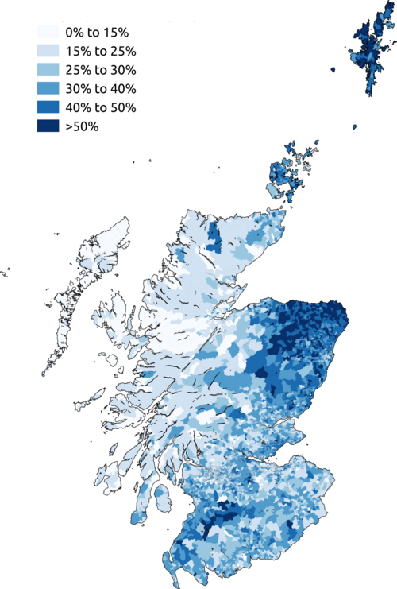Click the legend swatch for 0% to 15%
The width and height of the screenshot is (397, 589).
tap(48, 33)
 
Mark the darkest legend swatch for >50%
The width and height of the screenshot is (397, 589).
tap(48, 126)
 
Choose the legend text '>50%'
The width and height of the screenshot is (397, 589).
tap(83, 126)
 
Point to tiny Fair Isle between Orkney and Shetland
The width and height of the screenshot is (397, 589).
tap(355, 126)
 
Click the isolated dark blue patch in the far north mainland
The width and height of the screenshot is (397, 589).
tap(213, 236)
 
